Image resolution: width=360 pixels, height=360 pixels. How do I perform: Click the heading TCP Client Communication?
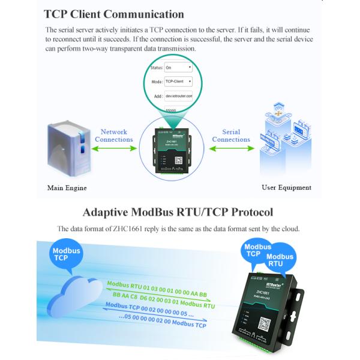point(114,13)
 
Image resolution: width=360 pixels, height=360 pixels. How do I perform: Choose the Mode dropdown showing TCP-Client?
point(178,81)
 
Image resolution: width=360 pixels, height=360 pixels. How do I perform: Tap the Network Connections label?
point(114,136)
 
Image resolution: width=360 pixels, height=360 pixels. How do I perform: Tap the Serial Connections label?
point(231,136)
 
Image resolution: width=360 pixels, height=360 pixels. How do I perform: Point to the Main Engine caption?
point(67,188)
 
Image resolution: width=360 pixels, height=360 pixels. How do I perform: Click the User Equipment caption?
point(286,187)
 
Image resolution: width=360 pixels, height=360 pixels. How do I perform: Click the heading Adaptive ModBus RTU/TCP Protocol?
point(178,212)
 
